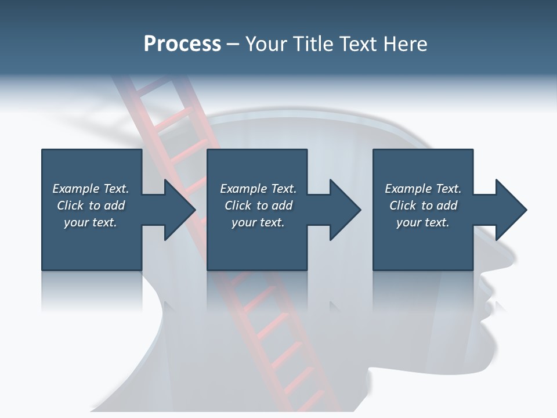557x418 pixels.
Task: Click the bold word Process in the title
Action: (182, 44)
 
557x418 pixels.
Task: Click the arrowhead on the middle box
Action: (344, 210)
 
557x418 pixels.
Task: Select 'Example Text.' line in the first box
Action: (91, 189)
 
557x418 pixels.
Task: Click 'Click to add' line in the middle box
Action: (258, 206)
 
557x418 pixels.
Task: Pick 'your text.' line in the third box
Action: (423, 222)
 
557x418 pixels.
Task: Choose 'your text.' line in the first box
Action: (91, 222)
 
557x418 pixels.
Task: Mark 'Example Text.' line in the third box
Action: (423, 189)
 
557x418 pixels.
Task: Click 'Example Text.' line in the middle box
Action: (258, 189)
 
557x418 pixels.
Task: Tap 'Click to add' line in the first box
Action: (91, 206)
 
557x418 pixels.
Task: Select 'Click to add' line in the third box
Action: (423, 206)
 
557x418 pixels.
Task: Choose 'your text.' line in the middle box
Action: (258, 222)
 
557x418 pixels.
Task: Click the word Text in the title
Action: (359, 44)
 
